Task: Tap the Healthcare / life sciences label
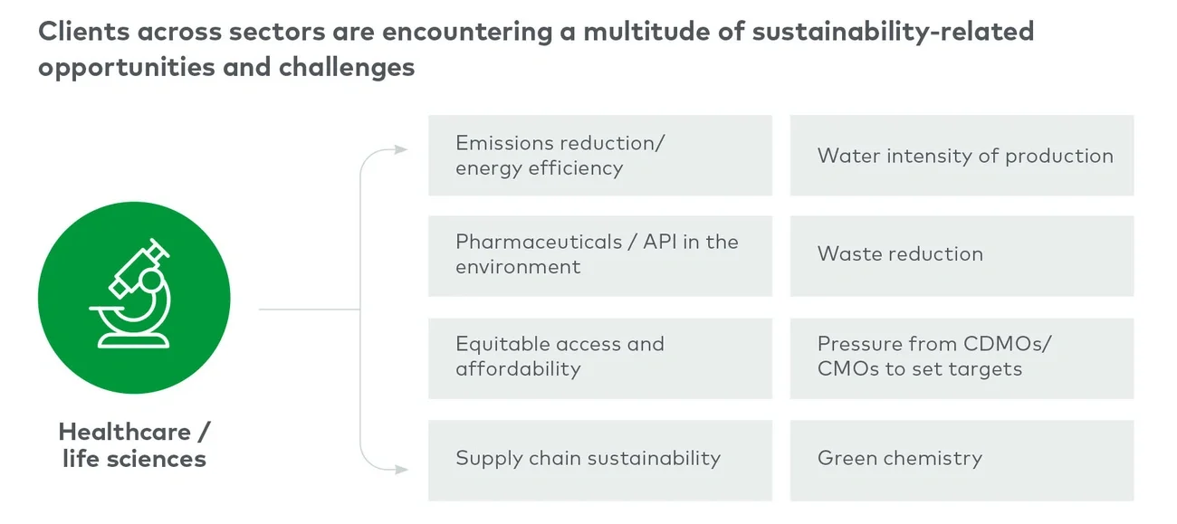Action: tap(134, 445)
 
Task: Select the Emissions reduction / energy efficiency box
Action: tap(600, 156)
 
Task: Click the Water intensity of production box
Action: tap(962, 156)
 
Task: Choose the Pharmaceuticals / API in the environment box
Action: tap(600, 256)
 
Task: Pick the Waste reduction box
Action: tap(962, 256)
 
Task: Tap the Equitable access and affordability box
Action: tap(600, 358)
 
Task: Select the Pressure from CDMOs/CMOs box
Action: tap(962, 358)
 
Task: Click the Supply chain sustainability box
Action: tap(600, 460)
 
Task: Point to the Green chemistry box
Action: tap(962, 460)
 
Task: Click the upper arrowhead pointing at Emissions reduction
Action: tap(401, 149)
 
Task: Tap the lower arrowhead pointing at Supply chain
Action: tap(401, 470)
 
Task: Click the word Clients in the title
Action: tap(83, 31)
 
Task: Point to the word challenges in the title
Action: tap(347, 68)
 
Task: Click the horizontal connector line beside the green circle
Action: tap(310, 310)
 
